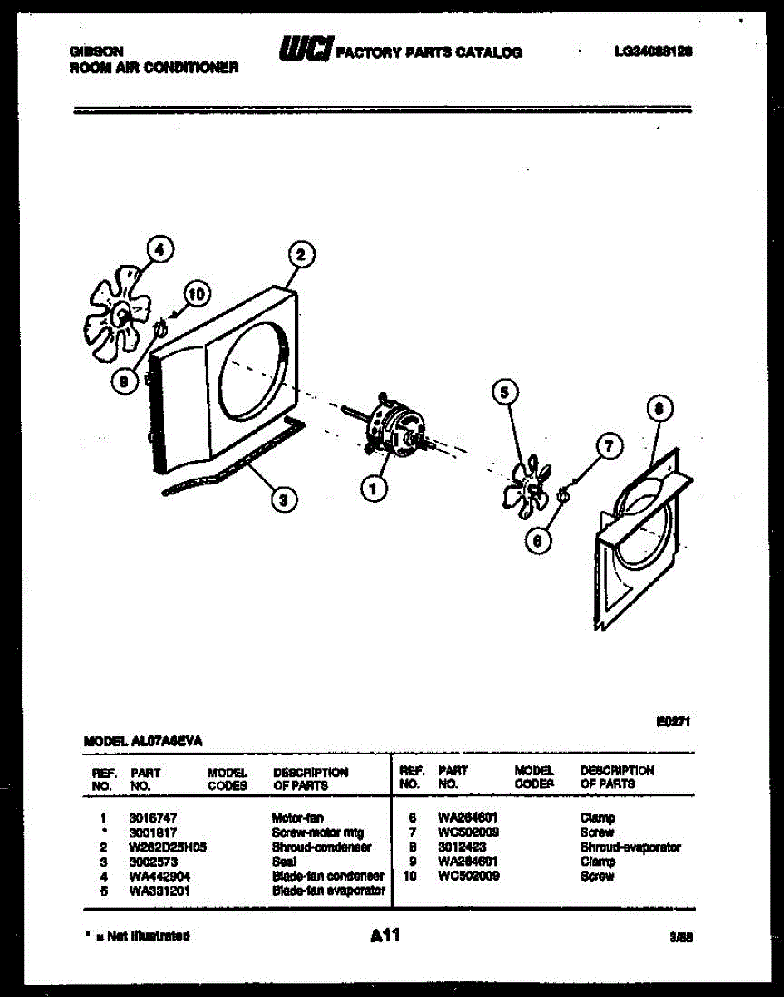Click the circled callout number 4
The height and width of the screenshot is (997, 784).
point(160,248)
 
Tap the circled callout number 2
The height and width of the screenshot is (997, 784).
point(301,255)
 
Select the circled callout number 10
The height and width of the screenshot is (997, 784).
point(196,293)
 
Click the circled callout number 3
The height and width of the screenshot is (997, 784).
point(284,500)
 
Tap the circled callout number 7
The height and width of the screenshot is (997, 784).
point(609,448)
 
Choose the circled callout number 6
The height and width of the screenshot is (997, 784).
point(538,540)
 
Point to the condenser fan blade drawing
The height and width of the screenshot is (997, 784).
point(120,312)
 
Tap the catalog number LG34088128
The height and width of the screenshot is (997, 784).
point(653,52)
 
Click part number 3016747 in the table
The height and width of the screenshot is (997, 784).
point(153,818)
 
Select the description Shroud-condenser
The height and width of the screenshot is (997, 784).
point(321,847)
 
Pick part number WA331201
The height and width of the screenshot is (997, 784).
point(158,891)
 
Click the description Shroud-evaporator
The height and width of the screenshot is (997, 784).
point(630,847)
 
